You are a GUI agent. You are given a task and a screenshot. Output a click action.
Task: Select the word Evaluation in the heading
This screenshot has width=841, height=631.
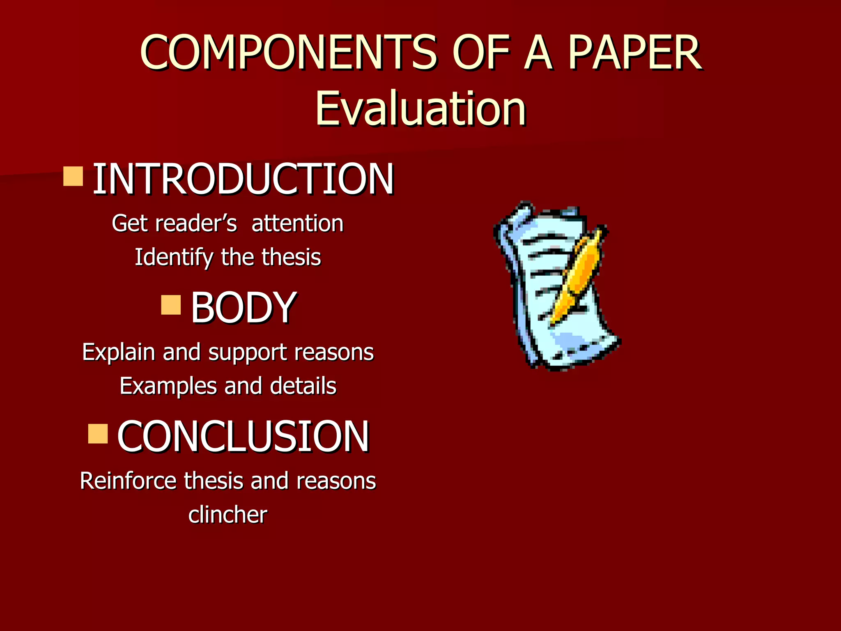click(x=420, y=108)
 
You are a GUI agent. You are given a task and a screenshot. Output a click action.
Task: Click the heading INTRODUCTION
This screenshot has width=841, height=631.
click(x=243, y=179)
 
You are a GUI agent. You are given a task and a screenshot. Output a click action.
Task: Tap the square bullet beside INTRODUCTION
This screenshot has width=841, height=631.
click(x=74, y=176)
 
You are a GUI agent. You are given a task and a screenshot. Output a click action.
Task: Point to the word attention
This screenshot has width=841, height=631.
click(x=297, y=223)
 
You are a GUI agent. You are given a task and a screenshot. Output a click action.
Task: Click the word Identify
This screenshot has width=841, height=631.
click(x=173, y=258)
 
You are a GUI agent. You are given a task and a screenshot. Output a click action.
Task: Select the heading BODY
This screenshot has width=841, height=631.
click(x=243, y=307)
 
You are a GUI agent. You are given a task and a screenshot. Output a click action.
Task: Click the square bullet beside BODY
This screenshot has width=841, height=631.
click(x=171, y=304)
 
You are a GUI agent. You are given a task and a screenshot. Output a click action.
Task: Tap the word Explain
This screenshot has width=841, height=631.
click(x=118, y=352)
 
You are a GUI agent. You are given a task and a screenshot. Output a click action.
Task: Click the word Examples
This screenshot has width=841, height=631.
click(x=168, y=386)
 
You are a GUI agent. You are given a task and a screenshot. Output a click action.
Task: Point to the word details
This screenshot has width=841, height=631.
click(x=303, y=386)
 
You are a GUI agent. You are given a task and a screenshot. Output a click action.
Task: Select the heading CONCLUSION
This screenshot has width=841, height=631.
click(x=243, y=436)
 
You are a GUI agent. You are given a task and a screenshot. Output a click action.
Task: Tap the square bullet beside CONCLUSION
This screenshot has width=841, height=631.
click(x=98, y=434)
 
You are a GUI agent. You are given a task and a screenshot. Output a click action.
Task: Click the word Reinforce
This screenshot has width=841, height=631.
click(x=128, y=481)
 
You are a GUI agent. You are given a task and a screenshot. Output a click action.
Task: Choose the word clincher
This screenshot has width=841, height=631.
click(x=227, y=514)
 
